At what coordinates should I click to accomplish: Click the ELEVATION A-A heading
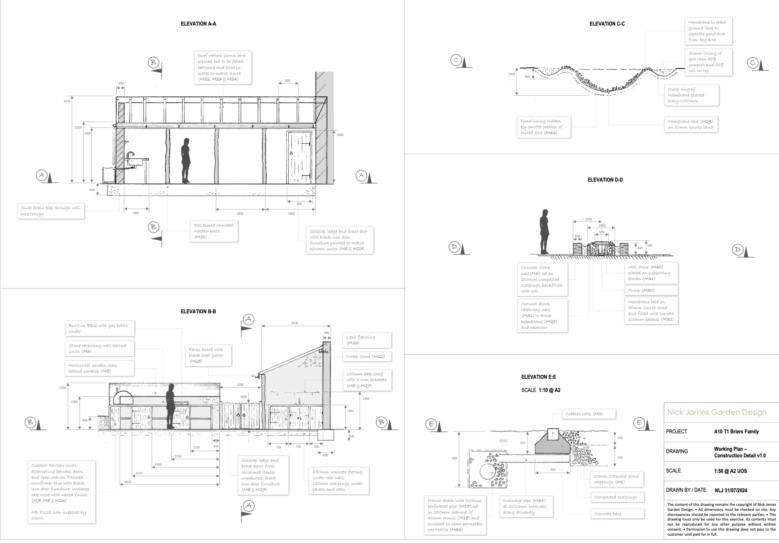tap(198, 24)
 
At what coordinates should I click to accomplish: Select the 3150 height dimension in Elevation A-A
tap(67, 101)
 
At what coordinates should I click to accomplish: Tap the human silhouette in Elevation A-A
tap(186, 160)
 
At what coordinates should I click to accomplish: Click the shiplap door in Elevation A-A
tap(299, 158)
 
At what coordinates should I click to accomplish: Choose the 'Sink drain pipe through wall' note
tap(51, 211)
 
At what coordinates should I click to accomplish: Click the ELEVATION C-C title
tap(607, 24)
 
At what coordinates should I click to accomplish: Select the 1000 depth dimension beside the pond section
tap(512, 74)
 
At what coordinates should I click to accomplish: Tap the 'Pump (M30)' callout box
tap(651, 290)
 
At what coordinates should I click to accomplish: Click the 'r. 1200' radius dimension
tap(587, 219)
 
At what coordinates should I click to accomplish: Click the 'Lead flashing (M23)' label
tap(366, 340)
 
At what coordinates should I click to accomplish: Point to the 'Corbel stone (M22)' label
tap(366, 356)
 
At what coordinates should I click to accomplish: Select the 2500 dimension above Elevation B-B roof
tap(295, 323)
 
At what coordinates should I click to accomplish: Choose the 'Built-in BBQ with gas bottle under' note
tap(100, 328)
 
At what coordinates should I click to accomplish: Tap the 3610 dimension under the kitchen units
tap(128, 482)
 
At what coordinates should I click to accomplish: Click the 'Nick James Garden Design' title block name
tap(717, 412)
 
